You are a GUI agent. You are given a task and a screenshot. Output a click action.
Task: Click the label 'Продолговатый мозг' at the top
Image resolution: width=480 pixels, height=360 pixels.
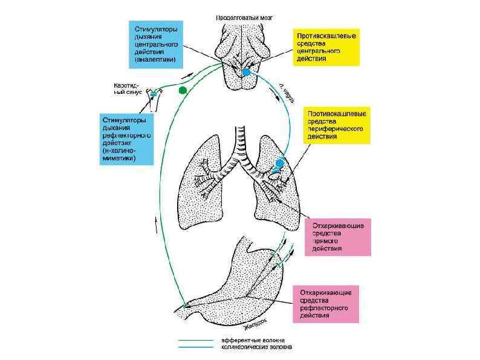pos(244,18)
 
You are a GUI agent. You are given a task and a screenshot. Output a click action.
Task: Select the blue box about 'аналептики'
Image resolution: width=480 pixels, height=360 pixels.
pos(154,43)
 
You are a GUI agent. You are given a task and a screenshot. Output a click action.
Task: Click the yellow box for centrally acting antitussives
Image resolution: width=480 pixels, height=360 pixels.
pos(326,47)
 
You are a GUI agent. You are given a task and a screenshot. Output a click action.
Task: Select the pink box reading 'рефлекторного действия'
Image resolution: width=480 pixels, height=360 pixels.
pos(325,304)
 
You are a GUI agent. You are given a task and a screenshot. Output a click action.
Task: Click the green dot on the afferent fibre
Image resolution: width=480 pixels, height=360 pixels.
pos(183,91)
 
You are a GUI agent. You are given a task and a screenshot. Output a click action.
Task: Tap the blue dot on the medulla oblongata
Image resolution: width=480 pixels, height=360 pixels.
pos(246,72)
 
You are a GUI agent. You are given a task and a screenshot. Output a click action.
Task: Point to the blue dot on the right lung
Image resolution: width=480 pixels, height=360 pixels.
pos(279,163)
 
